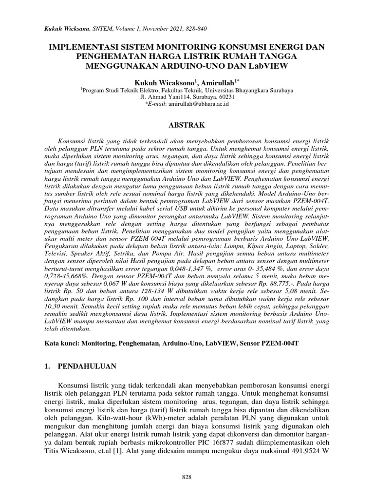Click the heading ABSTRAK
click(x=187, y=125)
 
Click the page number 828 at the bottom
click(x=187, y=476)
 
